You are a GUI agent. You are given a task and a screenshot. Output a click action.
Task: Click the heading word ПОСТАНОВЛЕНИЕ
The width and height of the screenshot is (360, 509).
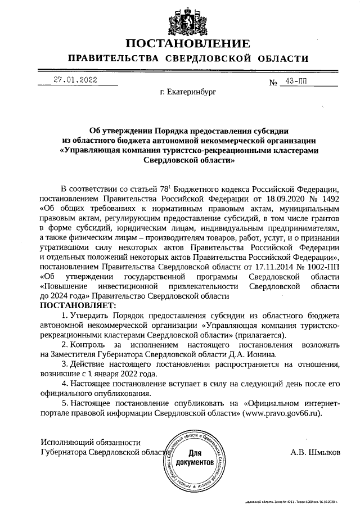coord(188,44)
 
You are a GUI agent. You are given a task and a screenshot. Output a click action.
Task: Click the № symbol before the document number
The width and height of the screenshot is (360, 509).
coord(274,83)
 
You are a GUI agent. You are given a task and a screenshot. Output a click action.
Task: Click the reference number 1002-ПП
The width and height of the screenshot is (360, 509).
coord(322,266)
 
